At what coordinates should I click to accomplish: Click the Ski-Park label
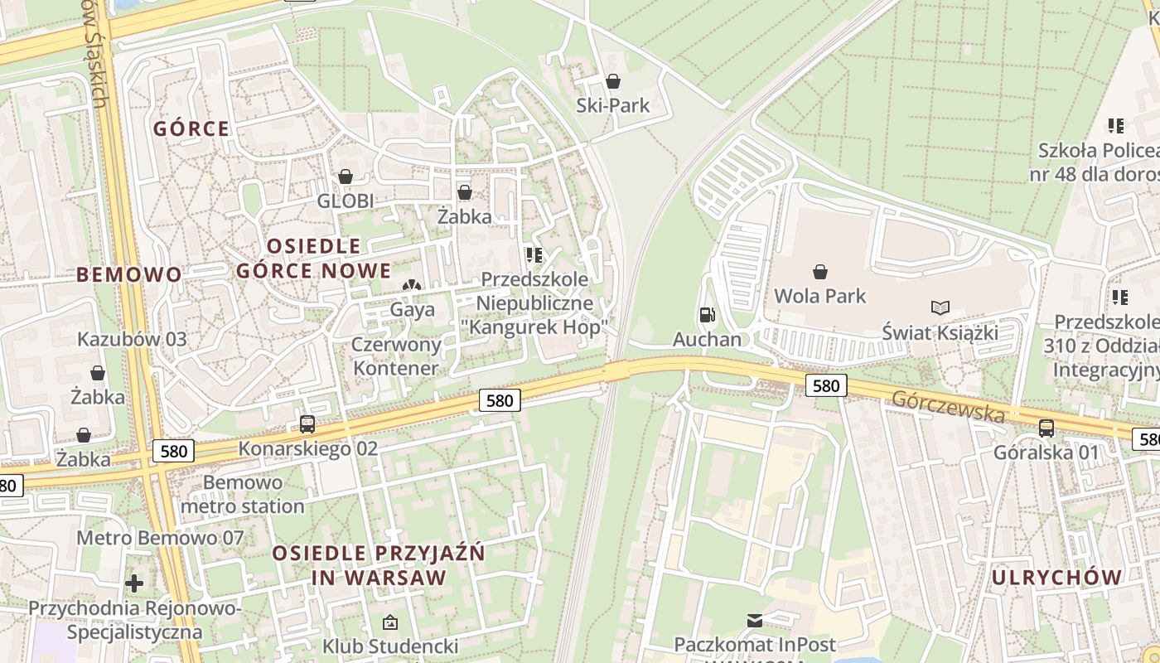pyautogui.click(x=613, y=105)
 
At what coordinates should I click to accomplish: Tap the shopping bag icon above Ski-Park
pyautogui.click(x=613, y=81)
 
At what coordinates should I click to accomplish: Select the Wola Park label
pyautogui.click(x=819, y=296)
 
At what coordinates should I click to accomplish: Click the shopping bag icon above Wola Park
pyautogui.click(x=819, y=272)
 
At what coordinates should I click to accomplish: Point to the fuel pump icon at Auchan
pyautogui.click(x=707, y=315)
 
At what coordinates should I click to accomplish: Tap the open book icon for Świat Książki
pyautogui.click(x=940, y=308)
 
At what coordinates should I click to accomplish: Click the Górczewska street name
pyautogui.click(x=949, y=407)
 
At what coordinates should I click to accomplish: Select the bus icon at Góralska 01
pyautogui.click(x=1046, y=428)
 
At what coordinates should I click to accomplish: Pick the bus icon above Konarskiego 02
pyautogui.click(x=307, y=424)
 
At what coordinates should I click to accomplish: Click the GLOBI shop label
pyautogui.click(x=346, y=201)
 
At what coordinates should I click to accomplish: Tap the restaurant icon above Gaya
pyautogui.click(x=412, y=285)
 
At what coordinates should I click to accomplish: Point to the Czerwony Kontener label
pyautogui.click(x=396, y=356)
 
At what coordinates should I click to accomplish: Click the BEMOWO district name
pyautogui.click(x=128, y=274)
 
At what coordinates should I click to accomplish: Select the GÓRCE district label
pyautogui.click(x=191, y=128)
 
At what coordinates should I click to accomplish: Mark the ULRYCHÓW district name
pyautogui.click(x=1056, y=577)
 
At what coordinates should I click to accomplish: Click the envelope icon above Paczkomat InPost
pyautogui.click(x=755, y=620)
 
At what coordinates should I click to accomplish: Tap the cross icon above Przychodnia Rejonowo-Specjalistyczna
pyautogui.click(x=134, y=583)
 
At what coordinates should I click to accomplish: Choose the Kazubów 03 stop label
pyautogui.click(x=132, y=339)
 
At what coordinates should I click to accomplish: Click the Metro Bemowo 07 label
pyautogui.click(x=160, y=538)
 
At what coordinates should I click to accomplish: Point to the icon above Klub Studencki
pyautogui.click(x=390, y=622)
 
